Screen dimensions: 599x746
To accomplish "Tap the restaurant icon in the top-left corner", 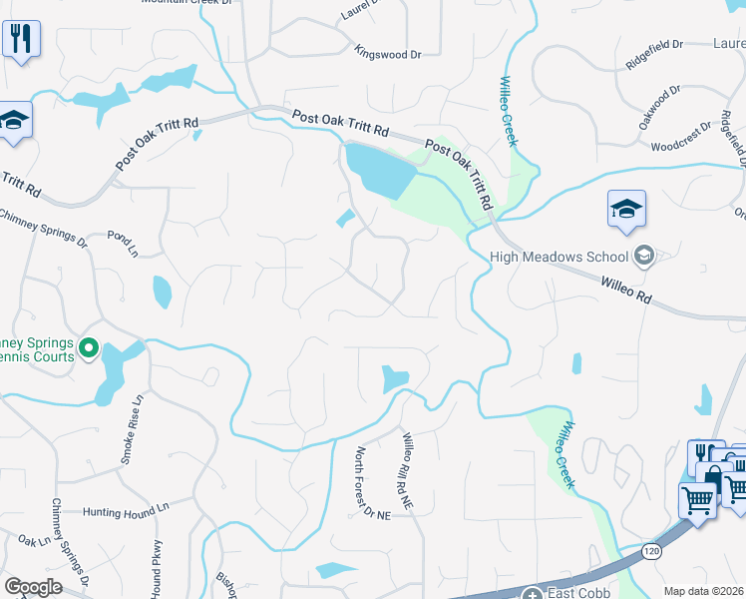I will pyautogui.click(x=20, y=40).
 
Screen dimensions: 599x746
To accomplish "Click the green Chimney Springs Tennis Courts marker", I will pyautogui.click(x=88, y=348).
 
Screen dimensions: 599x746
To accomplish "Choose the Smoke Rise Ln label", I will pyautogui.click(x=130, y=428).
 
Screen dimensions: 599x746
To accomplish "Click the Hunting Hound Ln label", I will pyautogui.click(x=127, y=507).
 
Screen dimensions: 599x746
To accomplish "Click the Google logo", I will pyautogui.click(x=33, y=587).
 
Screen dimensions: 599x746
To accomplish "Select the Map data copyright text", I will pyautogui.click(x=704, y=591).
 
